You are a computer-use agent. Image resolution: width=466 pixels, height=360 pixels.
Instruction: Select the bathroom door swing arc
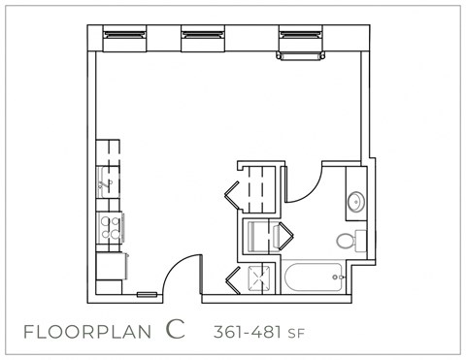[x=302, y=180]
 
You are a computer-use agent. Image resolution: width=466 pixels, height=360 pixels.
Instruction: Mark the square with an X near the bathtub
[x=256, y=278]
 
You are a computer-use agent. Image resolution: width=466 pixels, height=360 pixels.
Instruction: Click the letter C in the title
[x=175, y=330]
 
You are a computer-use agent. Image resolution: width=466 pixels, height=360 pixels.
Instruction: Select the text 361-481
[x=246, y=332]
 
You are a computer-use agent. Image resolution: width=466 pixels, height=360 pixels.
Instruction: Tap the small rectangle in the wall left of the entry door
[x=148, y=293]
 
